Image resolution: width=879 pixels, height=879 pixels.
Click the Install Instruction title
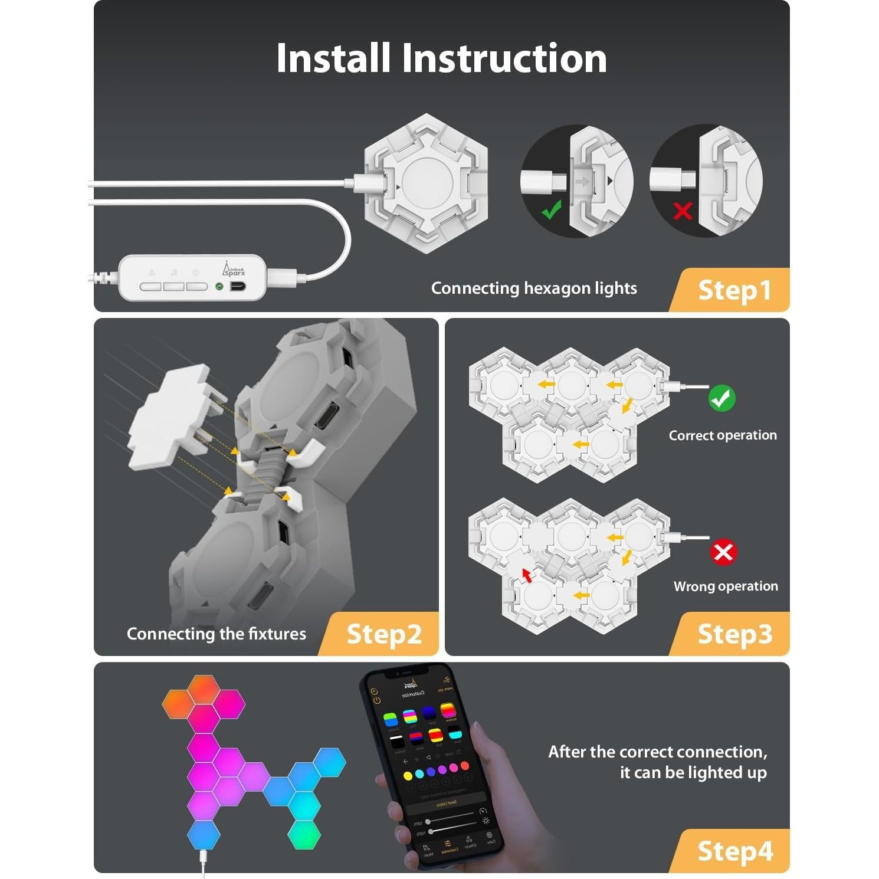[x=441, y=58]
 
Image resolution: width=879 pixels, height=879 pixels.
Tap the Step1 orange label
[x=734, y=290]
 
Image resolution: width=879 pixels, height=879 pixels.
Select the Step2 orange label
[x=384, y=634]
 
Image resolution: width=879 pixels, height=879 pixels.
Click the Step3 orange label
[x=734, y=634]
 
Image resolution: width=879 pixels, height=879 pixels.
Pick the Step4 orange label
[x=734, y=851]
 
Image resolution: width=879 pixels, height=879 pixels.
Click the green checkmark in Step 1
[x=552, y=209]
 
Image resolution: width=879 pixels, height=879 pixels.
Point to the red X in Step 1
[x=683, y=211]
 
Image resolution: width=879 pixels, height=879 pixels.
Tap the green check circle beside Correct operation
[x=721, y=398]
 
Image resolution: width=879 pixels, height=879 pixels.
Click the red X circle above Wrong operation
[x=723, y=552]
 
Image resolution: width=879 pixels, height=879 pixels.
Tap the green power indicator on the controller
[x=219, y=286]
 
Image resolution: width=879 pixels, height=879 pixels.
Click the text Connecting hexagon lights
[x=534, y=288]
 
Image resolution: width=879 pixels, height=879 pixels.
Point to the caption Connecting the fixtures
[x=217, y=634]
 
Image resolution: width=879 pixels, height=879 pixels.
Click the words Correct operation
[x=723, y=435]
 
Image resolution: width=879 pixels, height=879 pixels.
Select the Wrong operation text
[x=726, y=586]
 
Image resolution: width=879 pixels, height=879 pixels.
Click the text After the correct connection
[x=658, y=752]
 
